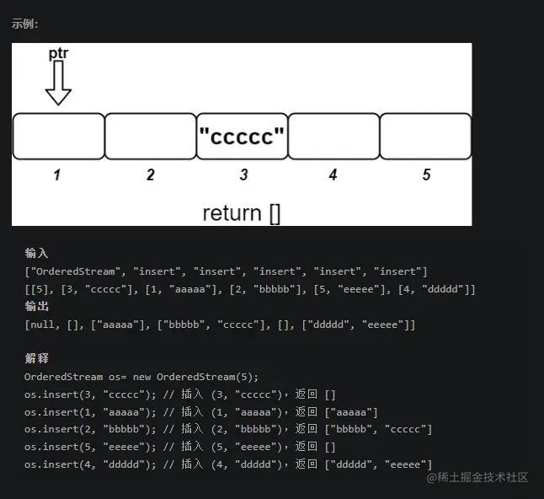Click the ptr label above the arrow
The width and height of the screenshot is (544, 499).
click(58, 53)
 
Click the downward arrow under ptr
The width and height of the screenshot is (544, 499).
click(58, 83)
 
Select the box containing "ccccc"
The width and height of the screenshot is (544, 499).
click(243, 136)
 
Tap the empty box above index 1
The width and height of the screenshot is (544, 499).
click(58, 136)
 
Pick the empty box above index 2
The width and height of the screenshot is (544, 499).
click(150, 136)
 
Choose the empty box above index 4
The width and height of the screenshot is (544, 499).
click(333, 136)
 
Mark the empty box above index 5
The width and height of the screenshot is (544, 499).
click(425, 136)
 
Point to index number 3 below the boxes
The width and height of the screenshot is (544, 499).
click(243, 174)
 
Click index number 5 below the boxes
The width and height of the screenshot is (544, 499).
click(426, 174)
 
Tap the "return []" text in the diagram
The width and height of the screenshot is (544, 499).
click(242, 212)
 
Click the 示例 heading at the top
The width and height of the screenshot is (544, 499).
click(24, 23)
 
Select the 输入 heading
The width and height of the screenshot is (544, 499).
click(37, 253)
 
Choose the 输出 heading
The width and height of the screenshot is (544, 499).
click(37, 306)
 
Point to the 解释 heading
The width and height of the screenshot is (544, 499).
click(37, 358)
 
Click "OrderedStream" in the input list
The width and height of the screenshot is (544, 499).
click(71, 271)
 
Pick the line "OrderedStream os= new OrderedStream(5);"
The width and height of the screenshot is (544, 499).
click(141, 377)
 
